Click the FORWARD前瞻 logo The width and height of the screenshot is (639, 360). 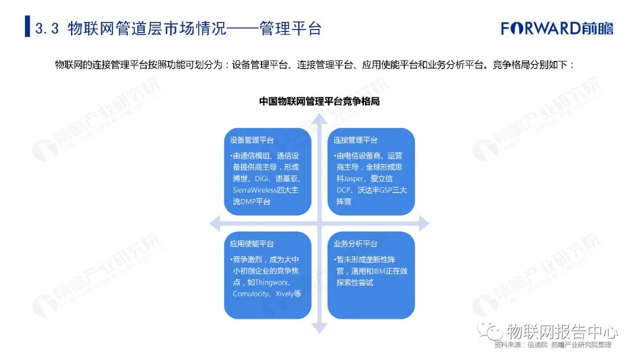(557, 28)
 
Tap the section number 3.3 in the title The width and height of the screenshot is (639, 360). (47, 28)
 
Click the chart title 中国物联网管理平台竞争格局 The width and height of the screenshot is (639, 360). (319, 101)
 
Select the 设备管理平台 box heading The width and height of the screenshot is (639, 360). (252, 140)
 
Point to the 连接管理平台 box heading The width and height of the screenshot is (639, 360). (356, 140)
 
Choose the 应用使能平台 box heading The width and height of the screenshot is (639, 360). (252, 243)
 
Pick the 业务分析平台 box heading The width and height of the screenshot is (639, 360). (356, 243)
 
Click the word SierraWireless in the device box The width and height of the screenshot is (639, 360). (255, 190)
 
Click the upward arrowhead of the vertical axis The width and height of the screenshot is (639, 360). (319, 119)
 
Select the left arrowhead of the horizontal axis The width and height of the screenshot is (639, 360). (215, 223)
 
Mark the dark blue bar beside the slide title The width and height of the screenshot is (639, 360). (27, 27)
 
